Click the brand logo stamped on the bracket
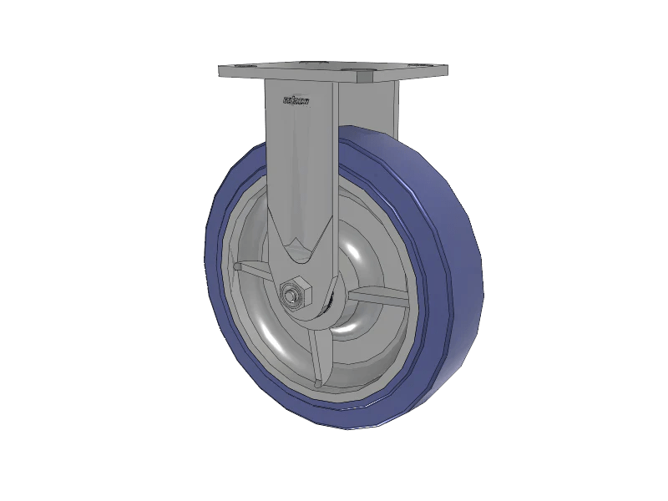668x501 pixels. (x=296, y=102)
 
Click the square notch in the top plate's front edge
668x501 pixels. (x=365, y=78)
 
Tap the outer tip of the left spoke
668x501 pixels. (x=238, y=267)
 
